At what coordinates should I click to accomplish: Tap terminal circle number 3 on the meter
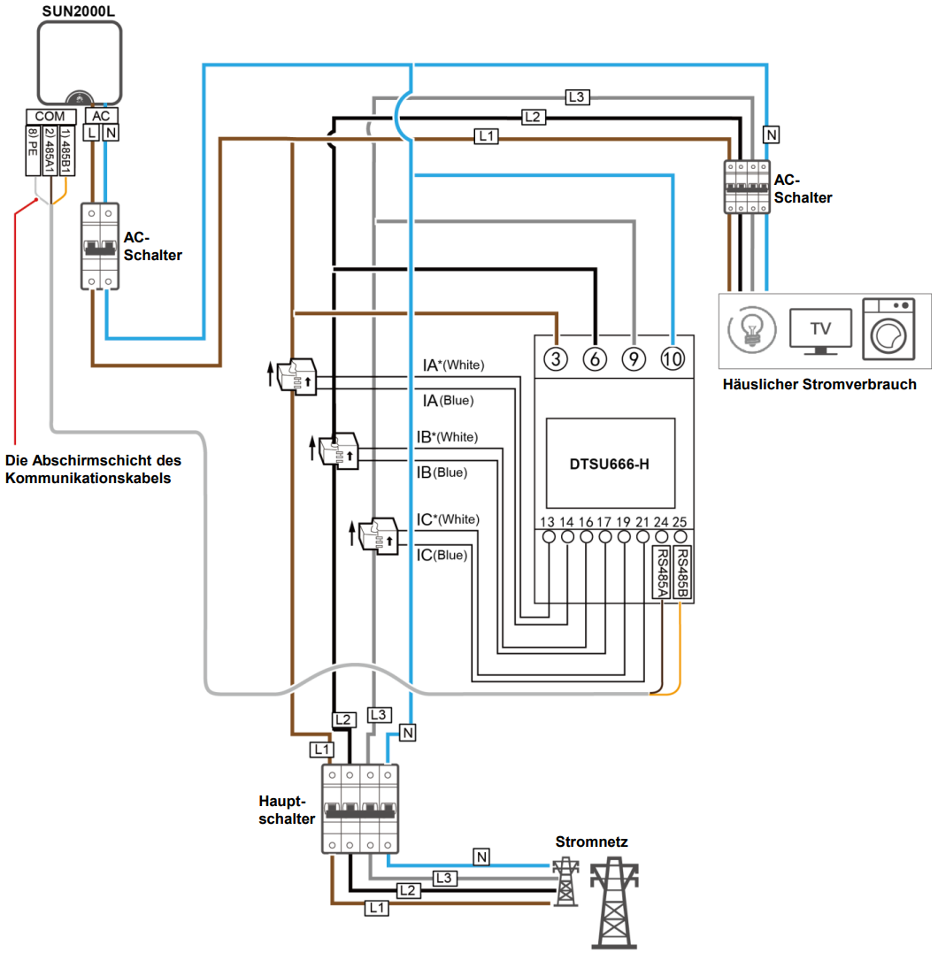556,358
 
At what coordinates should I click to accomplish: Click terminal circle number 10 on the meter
673,358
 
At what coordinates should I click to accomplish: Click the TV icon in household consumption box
820,330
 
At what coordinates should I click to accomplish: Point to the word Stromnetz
592,842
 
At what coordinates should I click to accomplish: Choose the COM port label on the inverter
50,116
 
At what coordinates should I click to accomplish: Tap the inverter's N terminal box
110,133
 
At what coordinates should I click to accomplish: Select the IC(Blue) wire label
442,555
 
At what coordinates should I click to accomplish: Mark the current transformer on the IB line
339,451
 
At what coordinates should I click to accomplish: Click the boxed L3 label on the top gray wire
576,96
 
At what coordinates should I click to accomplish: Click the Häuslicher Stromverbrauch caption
819,384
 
